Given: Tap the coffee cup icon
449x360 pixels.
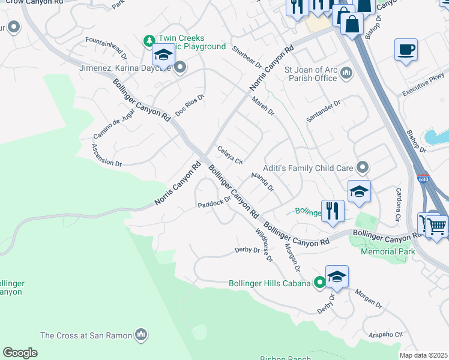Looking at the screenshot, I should pos(406,49).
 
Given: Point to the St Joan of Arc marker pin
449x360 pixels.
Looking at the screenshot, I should pos(346,73).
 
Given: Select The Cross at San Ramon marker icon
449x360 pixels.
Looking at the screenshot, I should pos(142,334).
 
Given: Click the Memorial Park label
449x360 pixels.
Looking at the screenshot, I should pos(388,251).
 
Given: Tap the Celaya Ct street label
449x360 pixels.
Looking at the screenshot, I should pos(230,155).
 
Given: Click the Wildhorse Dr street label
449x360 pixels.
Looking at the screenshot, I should pos(263,245).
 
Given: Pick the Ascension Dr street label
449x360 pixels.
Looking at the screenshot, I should pos(107,155).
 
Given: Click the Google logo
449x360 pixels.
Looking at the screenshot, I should pos(20,352).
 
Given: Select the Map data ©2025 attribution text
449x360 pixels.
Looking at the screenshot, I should pos(423,355).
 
